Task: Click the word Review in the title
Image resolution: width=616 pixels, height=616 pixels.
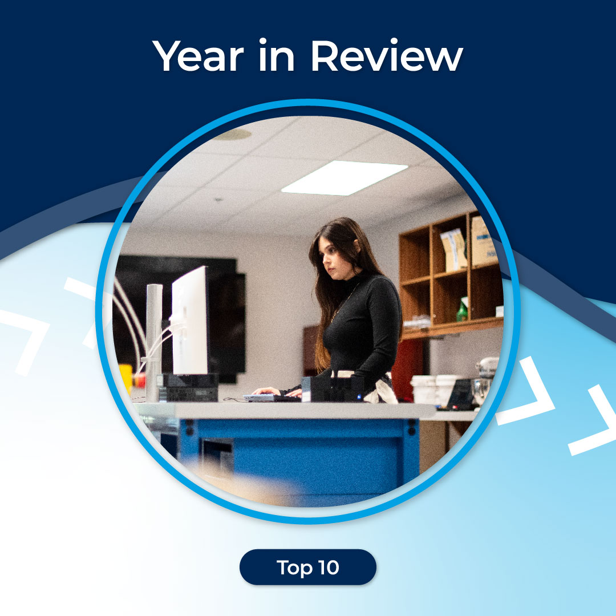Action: click(386, 57)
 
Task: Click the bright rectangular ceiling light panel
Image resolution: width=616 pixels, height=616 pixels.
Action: click(345, 177)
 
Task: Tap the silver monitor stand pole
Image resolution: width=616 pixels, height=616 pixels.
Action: click(153, 342)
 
